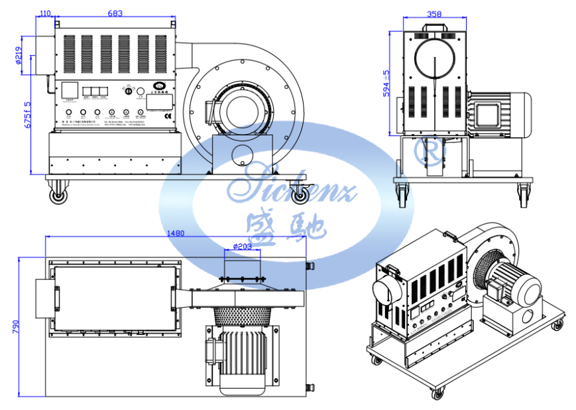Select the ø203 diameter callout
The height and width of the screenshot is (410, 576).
pyautogui.click(x=243, y=247)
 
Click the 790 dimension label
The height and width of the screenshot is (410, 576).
pyautogui.click(x=15, y=327)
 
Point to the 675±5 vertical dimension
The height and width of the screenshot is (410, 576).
pyautogui.click(x=27, y=119)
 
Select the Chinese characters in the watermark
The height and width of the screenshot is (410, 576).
pyautogui.click(x=285, y=226)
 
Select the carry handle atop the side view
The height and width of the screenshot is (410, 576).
pyautogui.click(x=434, y=28)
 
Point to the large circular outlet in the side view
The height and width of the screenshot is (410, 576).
pyautogui.click(x=435, y=59)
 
